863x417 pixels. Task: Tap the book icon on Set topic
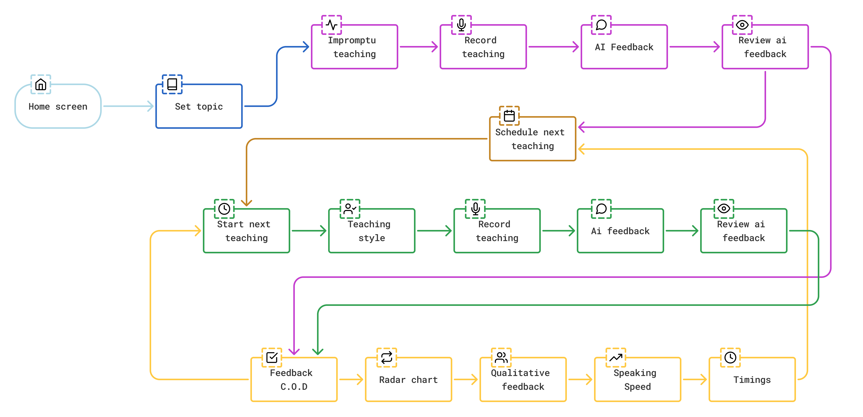coord(172,84)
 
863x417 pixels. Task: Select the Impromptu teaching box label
coord(354,47)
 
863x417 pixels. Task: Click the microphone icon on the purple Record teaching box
coord(461,25)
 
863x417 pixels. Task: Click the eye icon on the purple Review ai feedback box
coord(742,25)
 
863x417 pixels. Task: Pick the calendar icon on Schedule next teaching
coord(509,116)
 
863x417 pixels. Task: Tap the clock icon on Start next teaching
coord(224,208)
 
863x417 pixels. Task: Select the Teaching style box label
coord(371,231)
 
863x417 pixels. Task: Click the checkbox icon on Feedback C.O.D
coord(272,357)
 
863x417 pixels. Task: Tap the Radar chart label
coord(408,380)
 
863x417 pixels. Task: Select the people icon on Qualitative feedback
coord(501,357)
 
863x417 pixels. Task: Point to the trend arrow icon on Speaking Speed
coord(616,357)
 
